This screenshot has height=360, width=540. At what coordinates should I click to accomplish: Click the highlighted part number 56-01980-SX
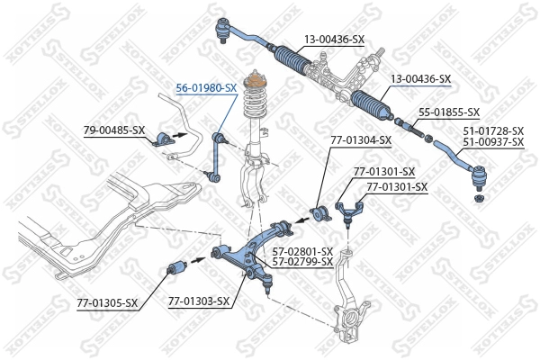coord(206,87)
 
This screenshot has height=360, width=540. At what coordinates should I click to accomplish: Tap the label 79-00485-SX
coord(114,130)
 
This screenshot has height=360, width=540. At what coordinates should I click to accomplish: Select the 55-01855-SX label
coord(449,112)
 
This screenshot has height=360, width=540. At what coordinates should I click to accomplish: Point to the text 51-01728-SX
coord(492,131)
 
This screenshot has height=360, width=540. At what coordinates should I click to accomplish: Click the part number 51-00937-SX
coord(492,142)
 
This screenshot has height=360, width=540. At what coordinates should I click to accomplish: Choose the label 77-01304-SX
coord(361,140)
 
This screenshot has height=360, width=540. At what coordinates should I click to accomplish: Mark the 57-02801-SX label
coord(302,251)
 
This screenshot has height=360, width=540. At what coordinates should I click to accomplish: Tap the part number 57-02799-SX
coord(302,262)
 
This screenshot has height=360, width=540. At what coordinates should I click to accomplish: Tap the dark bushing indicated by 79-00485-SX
coord(165,137)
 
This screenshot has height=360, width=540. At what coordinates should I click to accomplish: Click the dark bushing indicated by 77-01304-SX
coord(316,213)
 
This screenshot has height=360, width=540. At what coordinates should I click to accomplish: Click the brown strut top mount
coord(255,85)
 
